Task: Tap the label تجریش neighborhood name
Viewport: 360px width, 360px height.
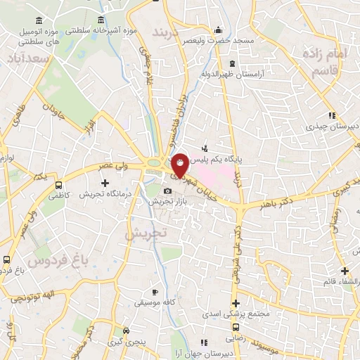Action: coord(146,233)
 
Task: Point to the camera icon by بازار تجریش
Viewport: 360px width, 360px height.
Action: coord(167,191)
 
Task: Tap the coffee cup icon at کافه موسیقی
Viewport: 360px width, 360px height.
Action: coord(155,292)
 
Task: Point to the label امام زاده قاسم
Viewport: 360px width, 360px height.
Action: coord(326,62)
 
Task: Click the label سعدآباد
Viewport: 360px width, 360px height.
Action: coord(29,58)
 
